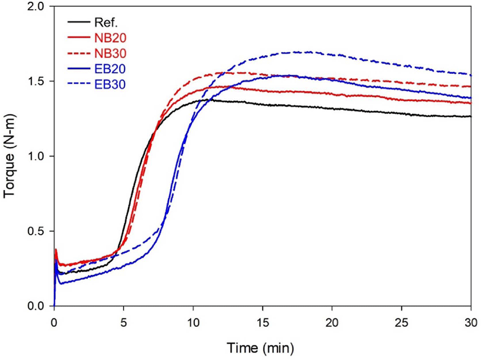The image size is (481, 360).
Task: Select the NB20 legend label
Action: pos(111,38)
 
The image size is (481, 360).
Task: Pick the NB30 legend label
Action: pos(111,54)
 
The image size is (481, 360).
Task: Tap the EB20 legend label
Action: pos(110,69)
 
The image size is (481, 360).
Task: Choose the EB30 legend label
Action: pos(110,84)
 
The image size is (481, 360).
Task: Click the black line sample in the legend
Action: pos(79,22)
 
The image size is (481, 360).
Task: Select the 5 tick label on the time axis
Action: pos(124,323)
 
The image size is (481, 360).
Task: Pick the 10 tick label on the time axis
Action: pos(193,323)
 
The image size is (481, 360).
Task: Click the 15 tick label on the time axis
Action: pos(262,323)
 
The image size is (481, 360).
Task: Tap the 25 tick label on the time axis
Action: pos(401,323)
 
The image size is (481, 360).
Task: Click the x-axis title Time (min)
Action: pos(261,348)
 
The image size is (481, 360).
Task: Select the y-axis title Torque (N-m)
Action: pos(9,156)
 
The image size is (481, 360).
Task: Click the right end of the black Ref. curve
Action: pos(471,116)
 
